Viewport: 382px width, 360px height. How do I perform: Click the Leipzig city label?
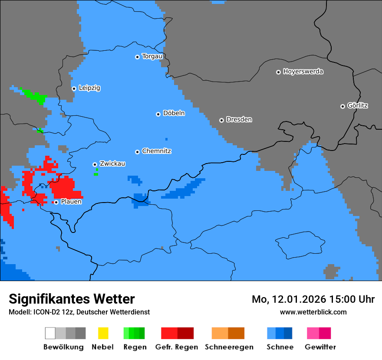tap(89, 88)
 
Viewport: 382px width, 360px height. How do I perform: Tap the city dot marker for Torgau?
tap(137, 57)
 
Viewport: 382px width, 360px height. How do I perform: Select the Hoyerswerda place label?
tap(303, 72)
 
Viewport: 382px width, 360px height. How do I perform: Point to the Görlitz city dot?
tap(342, 106)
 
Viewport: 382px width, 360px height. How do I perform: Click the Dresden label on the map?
tap(239, 120)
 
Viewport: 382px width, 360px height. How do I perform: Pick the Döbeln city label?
tap(174, 113)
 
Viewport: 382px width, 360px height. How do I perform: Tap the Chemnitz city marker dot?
tap(137, 152)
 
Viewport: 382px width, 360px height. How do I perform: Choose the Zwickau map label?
tap(112, 164)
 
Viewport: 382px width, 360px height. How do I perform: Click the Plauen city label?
tap(71, 202)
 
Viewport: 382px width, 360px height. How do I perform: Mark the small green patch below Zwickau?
tap(95, 174)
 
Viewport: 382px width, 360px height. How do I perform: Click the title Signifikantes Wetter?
tap(72, 299)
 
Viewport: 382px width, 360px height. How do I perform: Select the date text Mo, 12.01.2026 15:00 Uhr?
tap(313, 299)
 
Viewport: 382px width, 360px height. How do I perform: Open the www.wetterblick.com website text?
tap(313, 312)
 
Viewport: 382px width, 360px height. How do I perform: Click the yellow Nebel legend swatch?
tap(103, 333)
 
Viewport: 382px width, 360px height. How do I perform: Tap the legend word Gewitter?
tap(320, 347)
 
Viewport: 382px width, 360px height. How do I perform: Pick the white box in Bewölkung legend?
tap(50, 333)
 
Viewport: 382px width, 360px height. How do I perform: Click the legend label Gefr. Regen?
tap(177, 347)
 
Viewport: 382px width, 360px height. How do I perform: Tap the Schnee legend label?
tap(280, 347)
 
